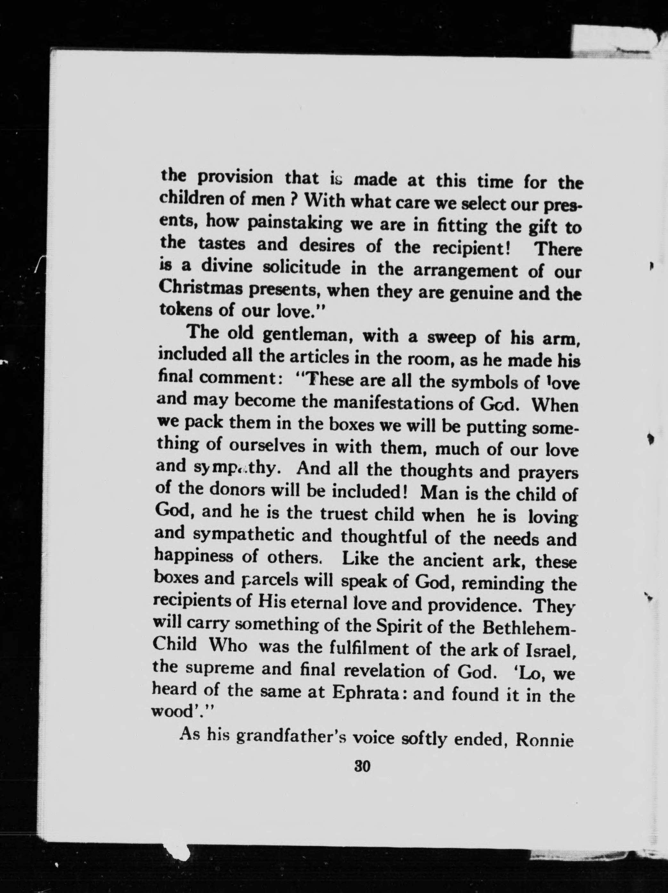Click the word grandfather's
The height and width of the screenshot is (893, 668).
tap(290, 737)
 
